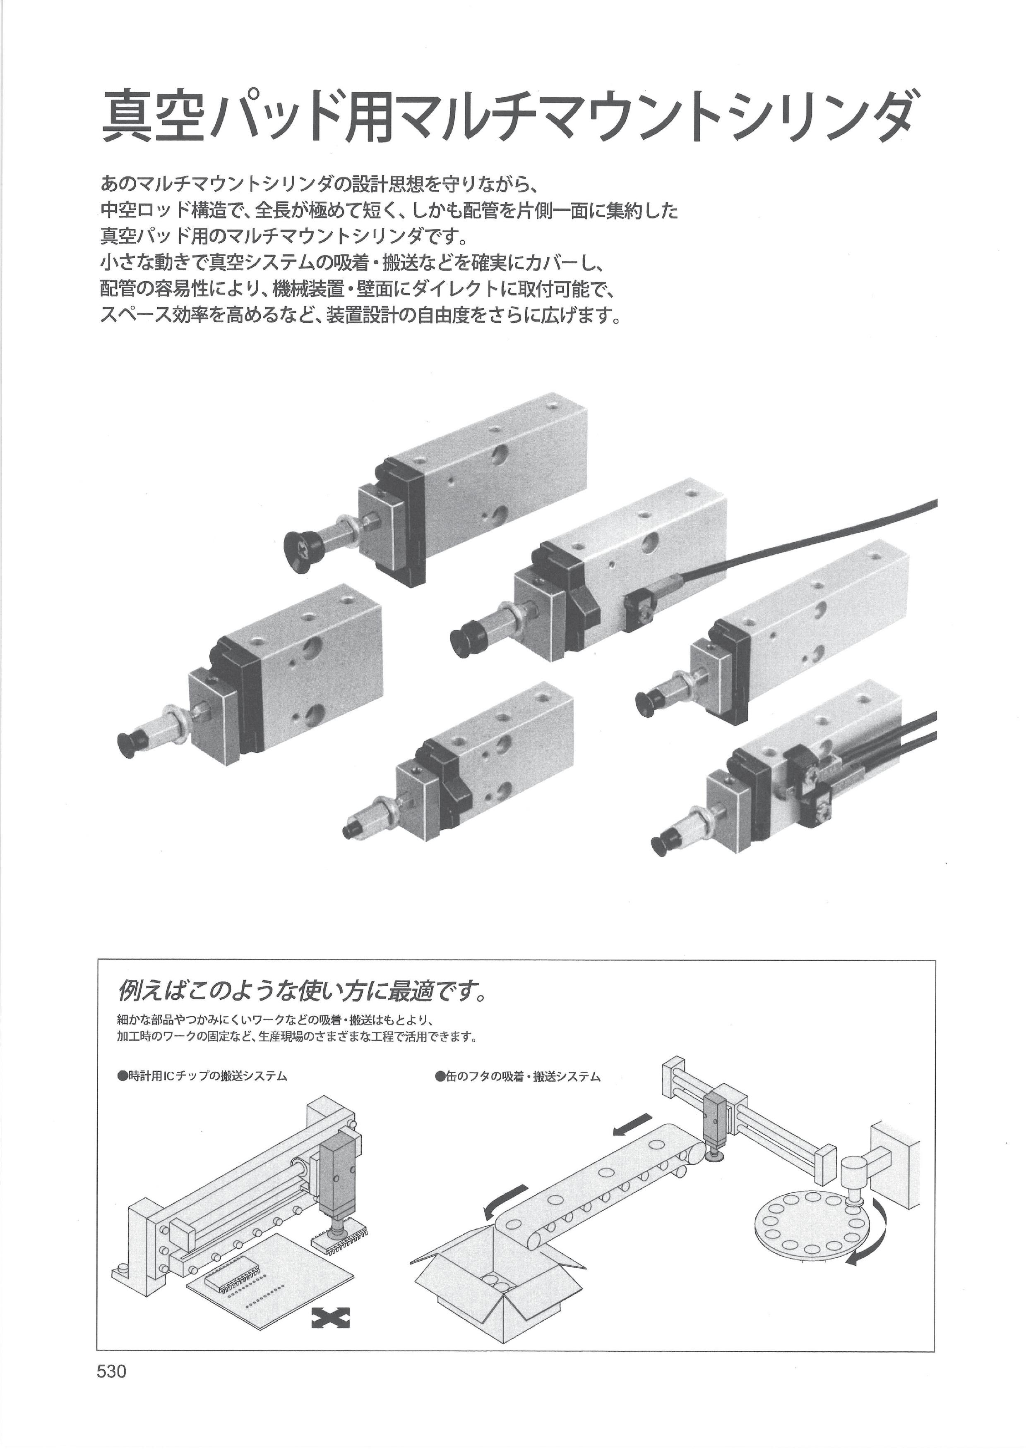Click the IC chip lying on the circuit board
236,1278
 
